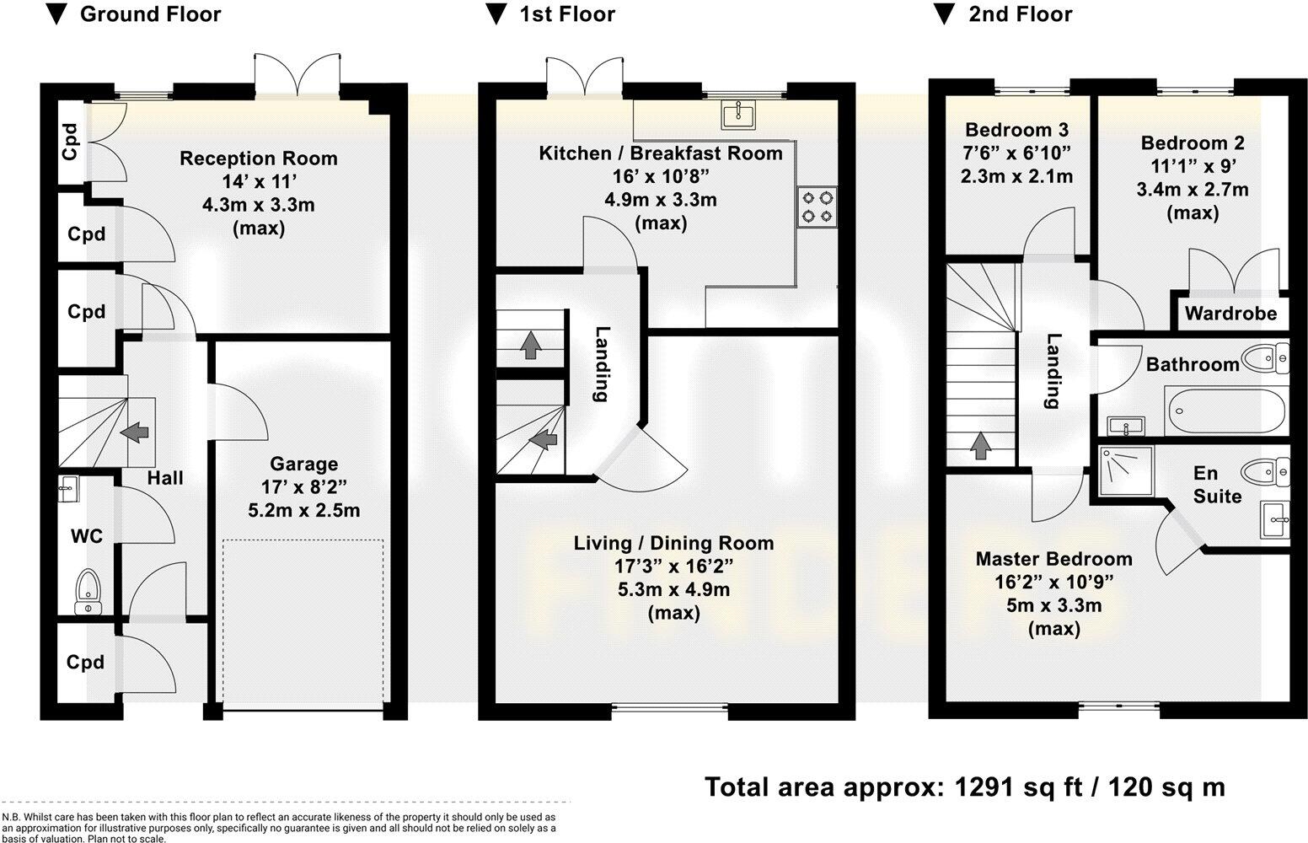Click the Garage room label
pyautogui.click(x=303, y=464)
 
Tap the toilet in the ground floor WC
pyautogui.click(x=87, y=588)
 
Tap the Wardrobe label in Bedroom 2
pyautogui.click(x=1230, y=314)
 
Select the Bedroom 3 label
pyautogui.click(x=1016, y=130)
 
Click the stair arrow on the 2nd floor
pyautogui.click(x=979, y=445)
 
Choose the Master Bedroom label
pyautogui.click(x=1053, y=559)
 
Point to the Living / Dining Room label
pyautogui.click(x=673, y=544)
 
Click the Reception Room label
pyautogui.click(x=258, y=158)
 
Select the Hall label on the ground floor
pyautogui.click(x=165, y=478)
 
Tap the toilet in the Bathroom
pyautogui.click(x=1270, y=359)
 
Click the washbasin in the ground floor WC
pyautogui.click(x=68, y=486)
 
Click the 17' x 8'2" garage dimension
pyautogui.click(x=303, y=487)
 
